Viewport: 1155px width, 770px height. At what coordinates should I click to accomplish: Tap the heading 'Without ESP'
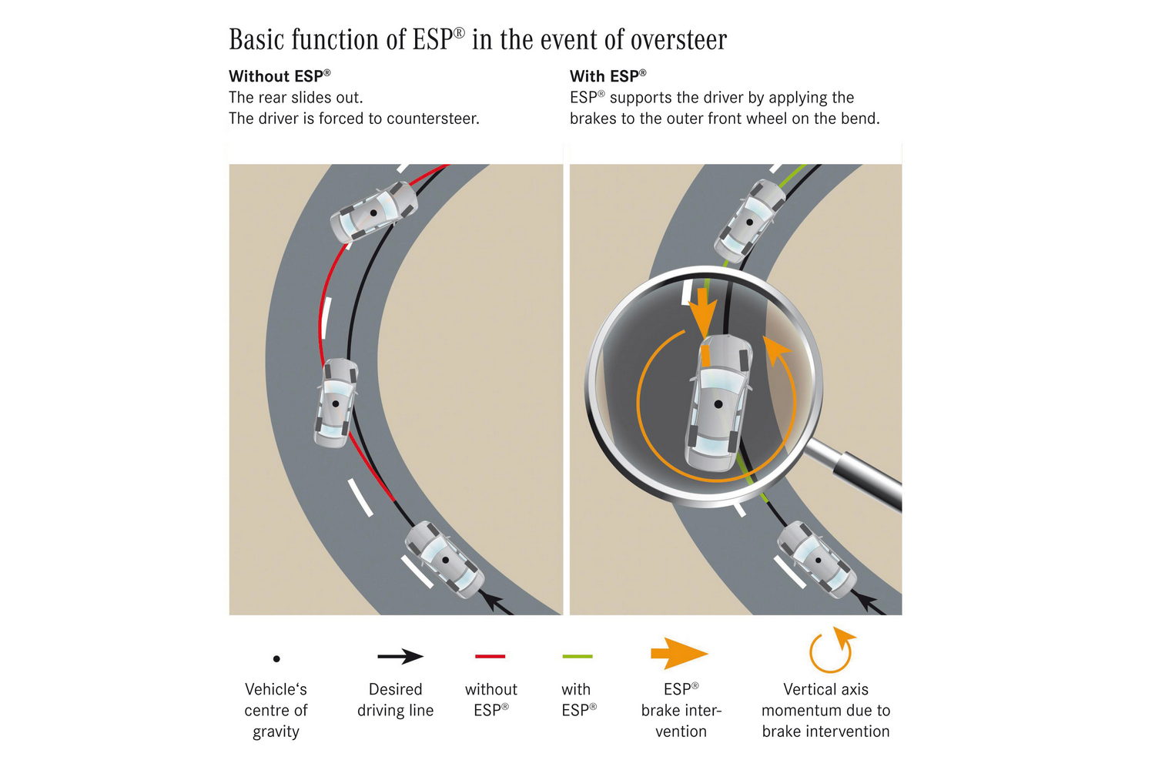[280, 76]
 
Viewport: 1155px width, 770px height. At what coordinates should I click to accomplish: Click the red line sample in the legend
[490, 657]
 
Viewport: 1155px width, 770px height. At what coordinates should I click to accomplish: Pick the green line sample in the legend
[577, 657]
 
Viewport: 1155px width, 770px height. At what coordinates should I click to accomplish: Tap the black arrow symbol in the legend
[400, 657]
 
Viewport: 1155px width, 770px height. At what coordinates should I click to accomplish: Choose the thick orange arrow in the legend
[678, 654]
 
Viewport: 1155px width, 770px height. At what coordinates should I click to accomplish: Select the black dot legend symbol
[276, 658]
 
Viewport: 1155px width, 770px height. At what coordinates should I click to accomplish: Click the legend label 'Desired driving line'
[395, 700]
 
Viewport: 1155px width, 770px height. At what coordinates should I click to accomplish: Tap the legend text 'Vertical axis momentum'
[825, 700]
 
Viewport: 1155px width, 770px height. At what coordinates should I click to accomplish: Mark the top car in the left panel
[373, 212]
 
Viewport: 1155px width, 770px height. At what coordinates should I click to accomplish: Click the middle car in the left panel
[335, 403]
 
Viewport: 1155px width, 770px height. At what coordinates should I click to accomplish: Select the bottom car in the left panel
[444, 560]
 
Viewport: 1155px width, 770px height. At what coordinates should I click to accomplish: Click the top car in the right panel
[748, 221]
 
